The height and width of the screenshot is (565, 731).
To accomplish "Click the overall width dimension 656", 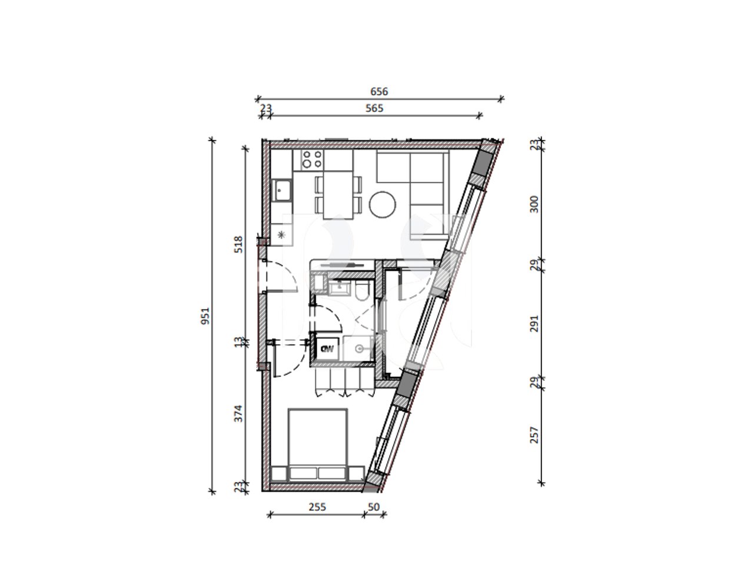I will [x=379, y=92].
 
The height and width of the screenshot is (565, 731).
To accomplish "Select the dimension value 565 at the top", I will [x=374, y=108].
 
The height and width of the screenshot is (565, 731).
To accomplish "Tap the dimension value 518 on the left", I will [x=238, y=244].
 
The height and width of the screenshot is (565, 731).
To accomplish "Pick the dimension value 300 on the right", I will [x=534, y=204].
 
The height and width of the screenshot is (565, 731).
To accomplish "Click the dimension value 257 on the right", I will [x=534, y=435].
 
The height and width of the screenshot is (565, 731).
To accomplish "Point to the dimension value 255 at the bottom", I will [x=317, y=506].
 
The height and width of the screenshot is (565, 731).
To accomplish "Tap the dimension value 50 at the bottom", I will [x=373, y=506].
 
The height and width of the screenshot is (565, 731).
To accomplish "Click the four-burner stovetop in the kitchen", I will [x=311, y=159].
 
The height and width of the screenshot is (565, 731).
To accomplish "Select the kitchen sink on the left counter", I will [x=282, y=190].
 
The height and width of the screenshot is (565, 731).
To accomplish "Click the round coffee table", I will [x=383, y=204].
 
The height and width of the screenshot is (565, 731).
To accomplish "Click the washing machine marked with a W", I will [x=327, y=348].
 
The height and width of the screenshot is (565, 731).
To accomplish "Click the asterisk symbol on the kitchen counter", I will [x=281, y=235].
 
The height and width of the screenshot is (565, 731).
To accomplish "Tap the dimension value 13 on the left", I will [x=238, y=341].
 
